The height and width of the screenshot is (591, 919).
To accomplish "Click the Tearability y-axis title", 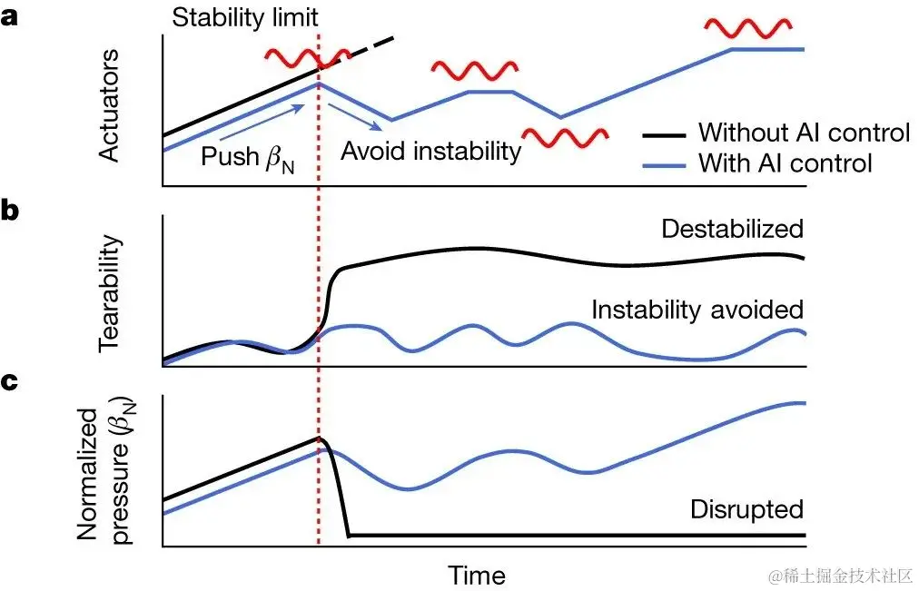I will point(109,296).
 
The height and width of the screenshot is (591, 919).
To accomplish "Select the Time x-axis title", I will point(476,576).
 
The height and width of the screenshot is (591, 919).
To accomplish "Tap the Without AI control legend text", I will point(803,133).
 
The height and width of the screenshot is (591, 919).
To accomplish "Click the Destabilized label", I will point(732,228).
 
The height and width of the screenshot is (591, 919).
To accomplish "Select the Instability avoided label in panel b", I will point(697,310).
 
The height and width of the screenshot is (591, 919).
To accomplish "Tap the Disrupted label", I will point(746,509).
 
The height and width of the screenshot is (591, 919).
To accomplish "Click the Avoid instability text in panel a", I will point(430,151).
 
